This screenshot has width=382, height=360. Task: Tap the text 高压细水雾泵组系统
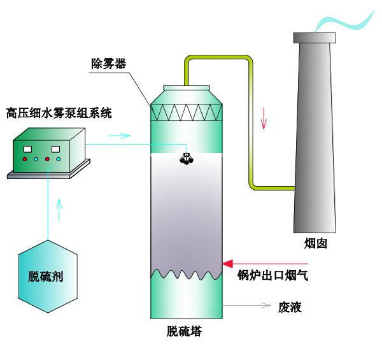tap(59, 113)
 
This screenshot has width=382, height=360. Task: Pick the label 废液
tap(290, 308)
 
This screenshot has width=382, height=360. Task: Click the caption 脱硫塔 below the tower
tap(185, 332)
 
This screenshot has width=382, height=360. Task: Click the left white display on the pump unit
tap(27, 148)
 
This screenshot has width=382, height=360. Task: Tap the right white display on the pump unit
tap(55, 148)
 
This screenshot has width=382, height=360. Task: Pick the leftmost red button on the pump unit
tap(25, 159)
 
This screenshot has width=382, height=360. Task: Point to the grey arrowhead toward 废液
tap(268, 306)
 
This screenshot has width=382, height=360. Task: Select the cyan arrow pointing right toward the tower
tap(121, 135)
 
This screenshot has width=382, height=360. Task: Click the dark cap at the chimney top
tap(314, 38)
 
